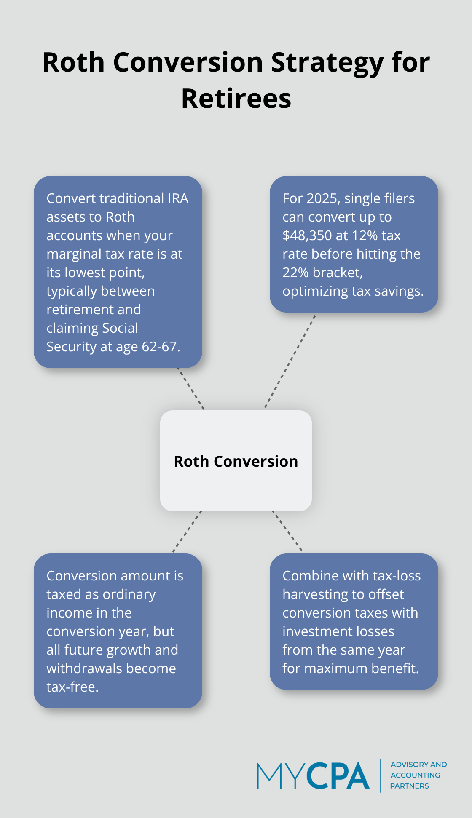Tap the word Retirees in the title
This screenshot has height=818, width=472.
click(236, 99)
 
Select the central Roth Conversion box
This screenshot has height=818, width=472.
click(236, 461)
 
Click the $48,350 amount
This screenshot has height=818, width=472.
click(307, 235)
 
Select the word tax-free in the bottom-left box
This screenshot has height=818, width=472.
click(72, 687)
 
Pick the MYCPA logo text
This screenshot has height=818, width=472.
click(313, 775)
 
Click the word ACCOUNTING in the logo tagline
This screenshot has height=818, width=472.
click(415, 775)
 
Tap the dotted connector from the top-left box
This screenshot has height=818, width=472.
click(191, 389)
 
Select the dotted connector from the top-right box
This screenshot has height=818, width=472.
click(290, 361)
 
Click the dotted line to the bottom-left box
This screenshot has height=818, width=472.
click(187, 532)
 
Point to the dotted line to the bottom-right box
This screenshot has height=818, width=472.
click(288, 532)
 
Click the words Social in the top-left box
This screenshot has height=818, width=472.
click(118, 328)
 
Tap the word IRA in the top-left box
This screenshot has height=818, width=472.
click(177, 198)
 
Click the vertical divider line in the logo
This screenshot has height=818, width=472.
click(380, 775)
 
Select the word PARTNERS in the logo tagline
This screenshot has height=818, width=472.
click(409, 786)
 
